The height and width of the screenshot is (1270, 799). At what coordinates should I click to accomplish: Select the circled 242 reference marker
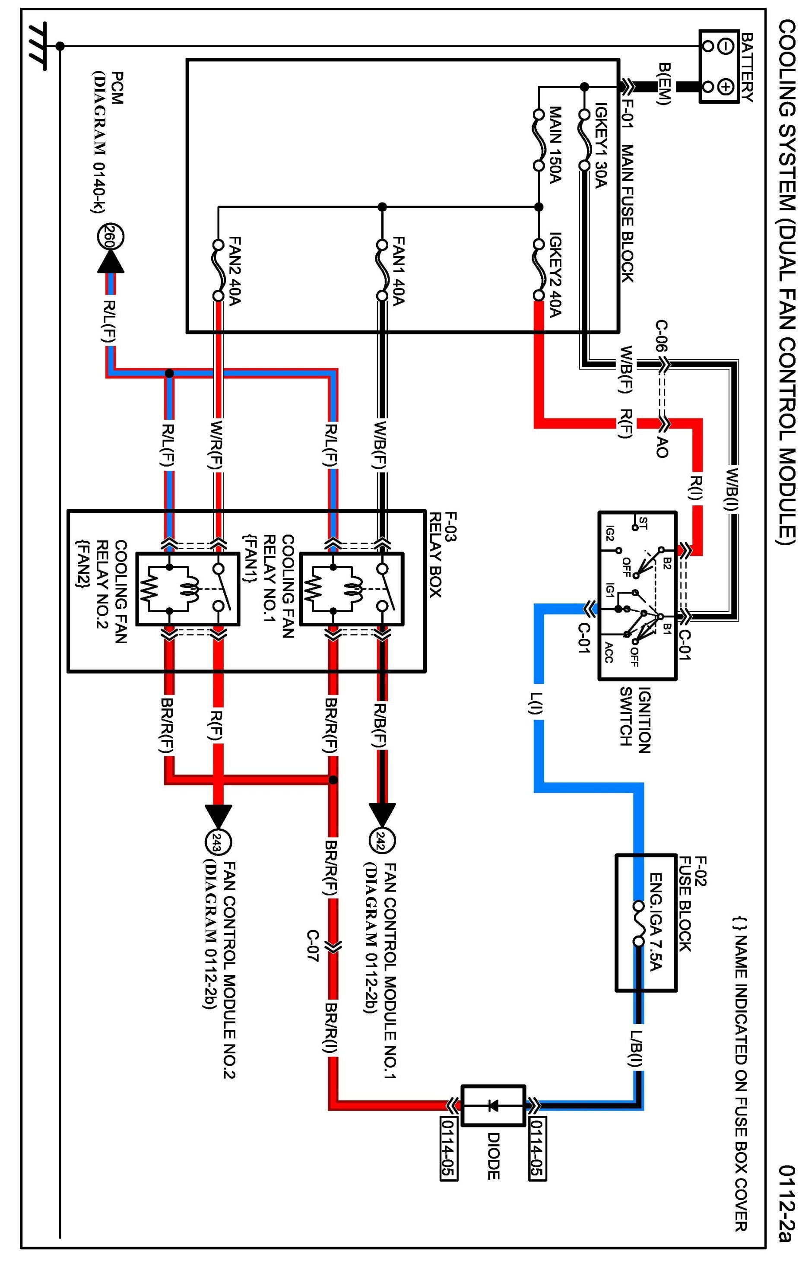[x=382, y=840]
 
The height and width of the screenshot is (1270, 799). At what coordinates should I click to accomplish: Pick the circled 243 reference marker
[x=218, y=840]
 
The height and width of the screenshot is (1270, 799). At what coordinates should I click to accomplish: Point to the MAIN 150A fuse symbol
[x=539, y=140]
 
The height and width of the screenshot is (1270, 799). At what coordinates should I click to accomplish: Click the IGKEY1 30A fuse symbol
[x=584, y=140]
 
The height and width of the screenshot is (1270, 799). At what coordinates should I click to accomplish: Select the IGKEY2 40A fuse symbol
[x=539, y=270]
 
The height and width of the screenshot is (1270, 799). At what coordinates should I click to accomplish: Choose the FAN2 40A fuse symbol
[x=218, y=270]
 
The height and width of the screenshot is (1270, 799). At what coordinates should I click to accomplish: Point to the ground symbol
[x=38, y=46]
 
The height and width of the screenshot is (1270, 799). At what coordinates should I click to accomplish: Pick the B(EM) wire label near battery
[x=664, y=84]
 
